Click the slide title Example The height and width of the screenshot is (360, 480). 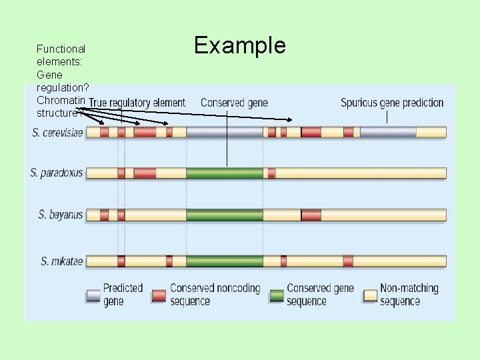239,45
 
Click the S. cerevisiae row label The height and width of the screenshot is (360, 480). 58,133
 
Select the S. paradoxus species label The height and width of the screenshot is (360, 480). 57,173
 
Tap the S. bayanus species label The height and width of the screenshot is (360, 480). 61,215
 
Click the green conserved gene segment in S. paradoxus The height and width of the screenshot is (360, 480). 225,173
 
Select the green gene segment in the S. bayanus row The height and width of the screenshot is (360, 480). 225,215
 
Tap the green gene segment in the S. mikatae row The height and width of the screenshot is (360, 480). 225,261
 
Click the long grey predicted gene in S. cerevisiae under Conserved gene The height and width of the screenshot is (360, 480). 225,132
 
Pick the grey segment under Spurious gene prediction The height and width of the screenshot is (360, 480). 388,132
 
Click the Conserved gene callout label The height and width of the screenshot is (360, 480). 234,103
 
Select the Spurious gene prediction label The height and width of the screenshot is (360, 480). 392,103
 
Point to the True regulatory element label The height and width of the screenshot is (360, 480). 137,103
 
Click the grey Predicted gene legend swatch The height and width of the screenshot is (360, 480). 93,295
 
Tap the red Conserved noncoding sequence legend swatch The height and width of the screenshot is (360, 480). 159,295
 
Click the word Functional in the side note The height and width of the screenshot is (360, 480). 61,49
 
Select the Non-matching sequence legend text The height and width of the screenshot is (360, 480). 409,295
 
